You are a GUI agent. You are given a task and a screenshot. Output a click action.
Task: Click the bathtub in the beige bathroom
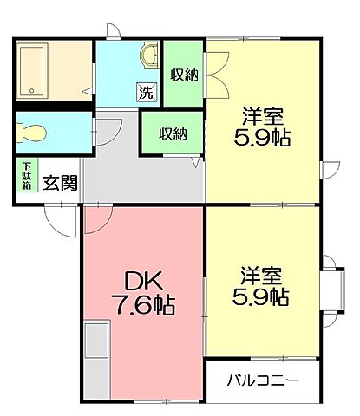(x=36, y=68)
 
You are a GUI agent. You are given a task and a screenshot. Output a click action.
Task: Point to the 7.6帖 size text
(x=144, y=304)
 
